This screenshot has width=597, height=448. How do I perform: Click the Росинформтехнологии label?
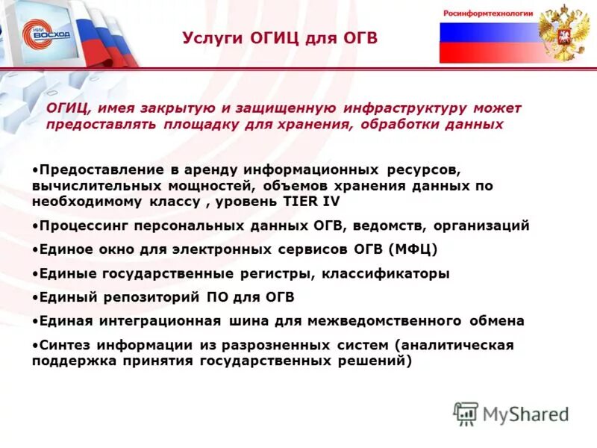488,13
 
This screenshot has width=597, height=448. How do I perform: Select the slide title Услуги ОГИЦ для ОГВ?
280,38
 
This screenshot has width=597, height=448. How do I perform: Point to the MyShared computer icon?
466,414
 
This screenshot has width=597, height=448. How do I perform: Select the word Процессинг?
79,225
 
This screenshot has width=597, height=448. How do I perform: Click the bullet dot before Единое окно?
35,249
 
